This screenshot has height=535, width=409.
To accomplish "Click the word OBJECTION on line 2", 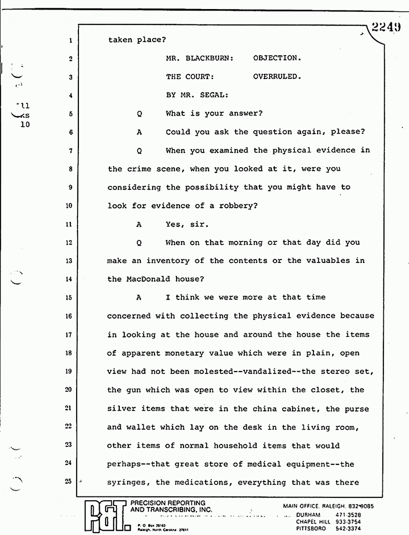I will pyautogui.click(x=277, y=58).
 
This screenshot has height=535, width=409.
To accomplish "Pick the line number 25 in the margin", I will pyautogui.click(x=68, y=482).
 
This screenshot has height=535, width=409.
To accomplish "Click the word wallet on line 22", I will pyautogui.click(x=141, y=427).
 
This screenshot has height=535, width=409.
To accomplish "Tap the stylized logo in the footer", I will pyautogui.click(x=104, y=516).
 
